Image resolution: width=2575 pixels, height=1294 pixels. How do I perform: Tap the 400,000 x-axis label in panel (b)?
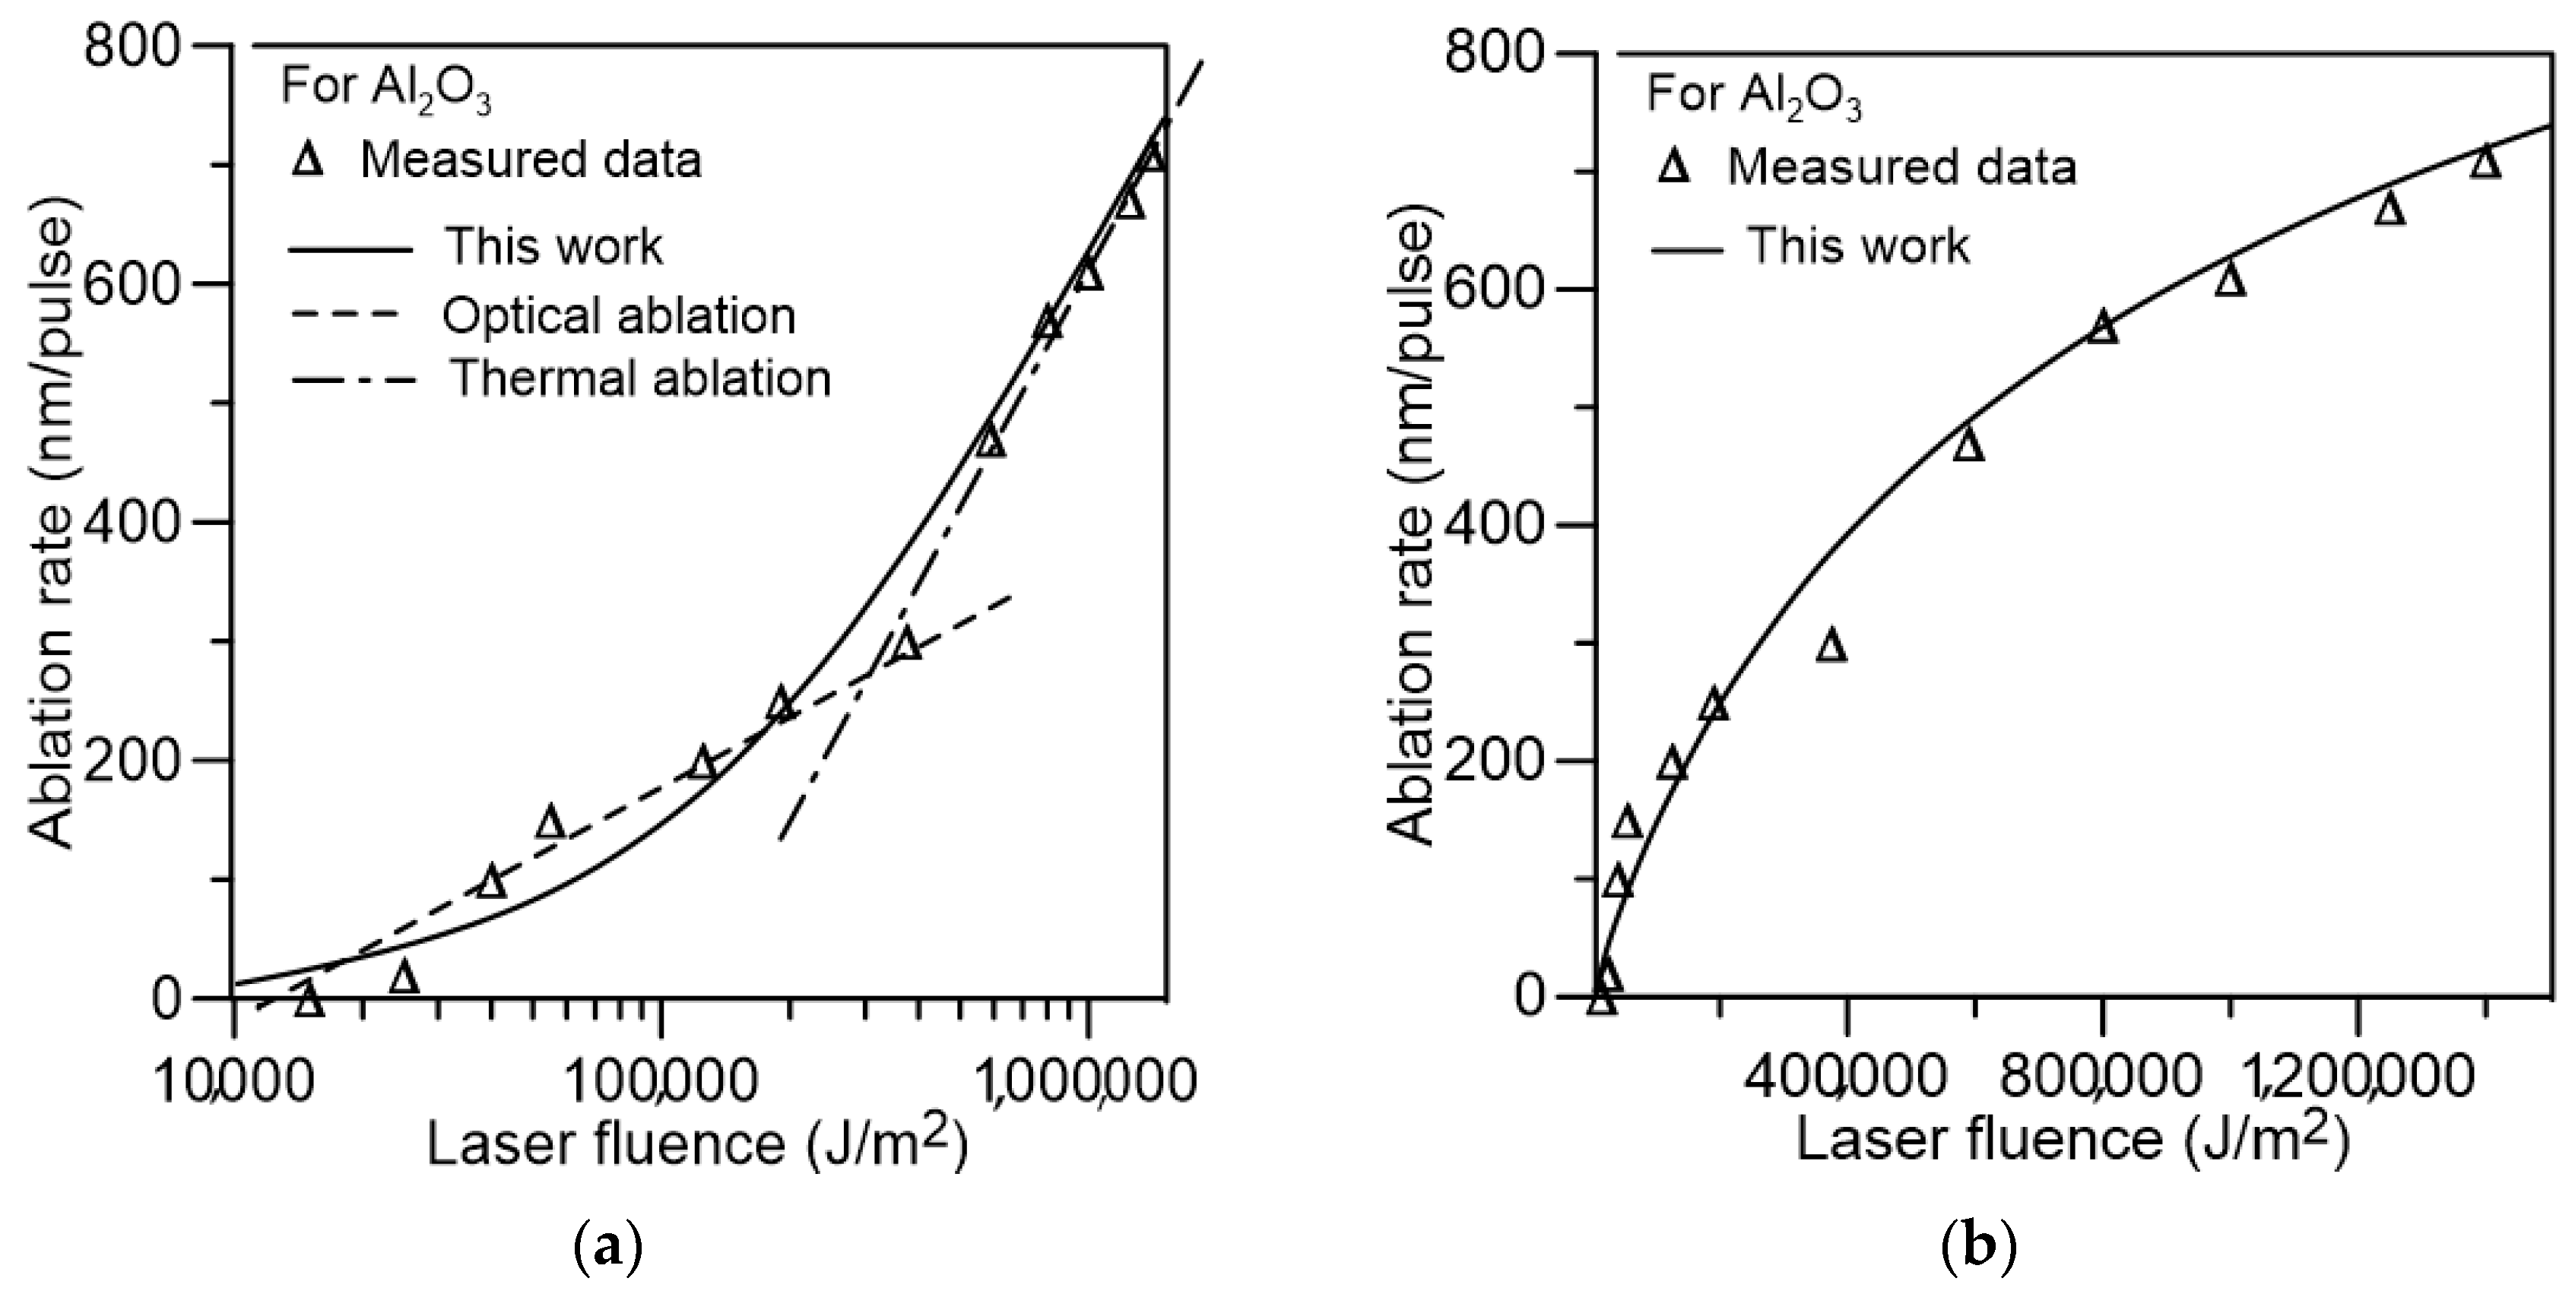(1846, 1082)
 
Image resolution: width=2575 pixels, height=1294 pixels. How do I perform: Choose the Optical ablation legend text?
(619, 316)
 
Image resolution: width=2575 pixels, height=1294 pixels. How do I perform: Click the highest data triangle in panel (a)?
(1152, 157)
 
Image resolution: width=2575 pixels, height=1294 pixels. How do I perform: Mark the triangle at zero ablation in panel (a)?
(310, 1000)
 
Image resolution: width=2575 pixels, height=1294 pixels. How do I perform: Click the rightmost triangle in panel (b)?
(2485, 162)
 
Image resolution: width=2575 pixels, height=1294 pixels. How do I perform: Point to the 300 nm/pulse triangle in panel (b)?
(1831, 647)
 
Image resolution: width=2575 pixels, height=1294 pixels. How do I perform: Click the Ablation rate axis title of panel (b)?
(1413, 530)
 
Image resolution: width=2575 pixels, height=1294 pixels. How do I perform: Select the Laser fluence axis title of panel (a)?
(696, 1143)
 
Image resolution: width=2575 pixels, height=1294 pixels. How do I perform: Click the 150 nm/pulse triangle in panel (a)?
(550, 822)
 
